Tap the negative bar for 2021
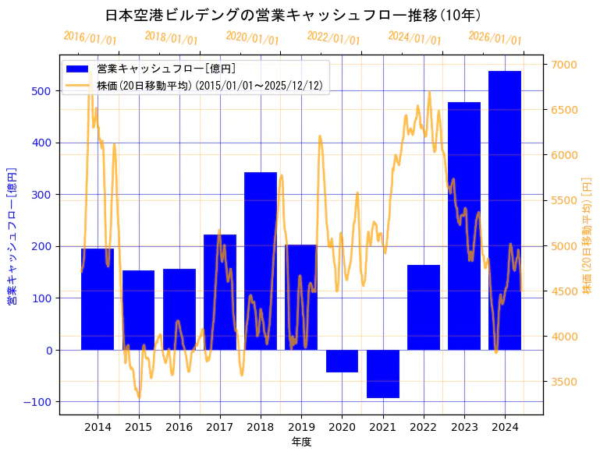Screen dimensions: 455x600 tap(383, 374)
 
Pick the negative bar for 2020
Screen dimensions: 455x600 tap(342, 361)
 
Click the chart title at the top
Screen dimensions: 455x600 tap(293, 15)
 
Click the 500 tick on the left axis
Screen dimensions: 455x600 tap(42, 91)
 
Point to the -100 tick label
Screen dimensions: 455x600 tap(39, 402)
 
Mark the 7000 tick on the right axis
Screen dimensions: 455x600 tap(563, 65)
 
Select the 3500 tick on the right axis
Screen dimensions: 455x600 tap(563, 382)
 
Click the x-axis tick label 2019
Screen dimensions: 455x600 tap(301, 427)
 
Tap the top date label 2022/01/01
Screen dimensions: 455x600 tap(334, 37)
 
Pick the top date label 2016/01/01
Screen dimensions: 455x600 tap(91, 37)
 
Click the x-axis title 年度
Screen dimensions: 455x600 tap(301, 442)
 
